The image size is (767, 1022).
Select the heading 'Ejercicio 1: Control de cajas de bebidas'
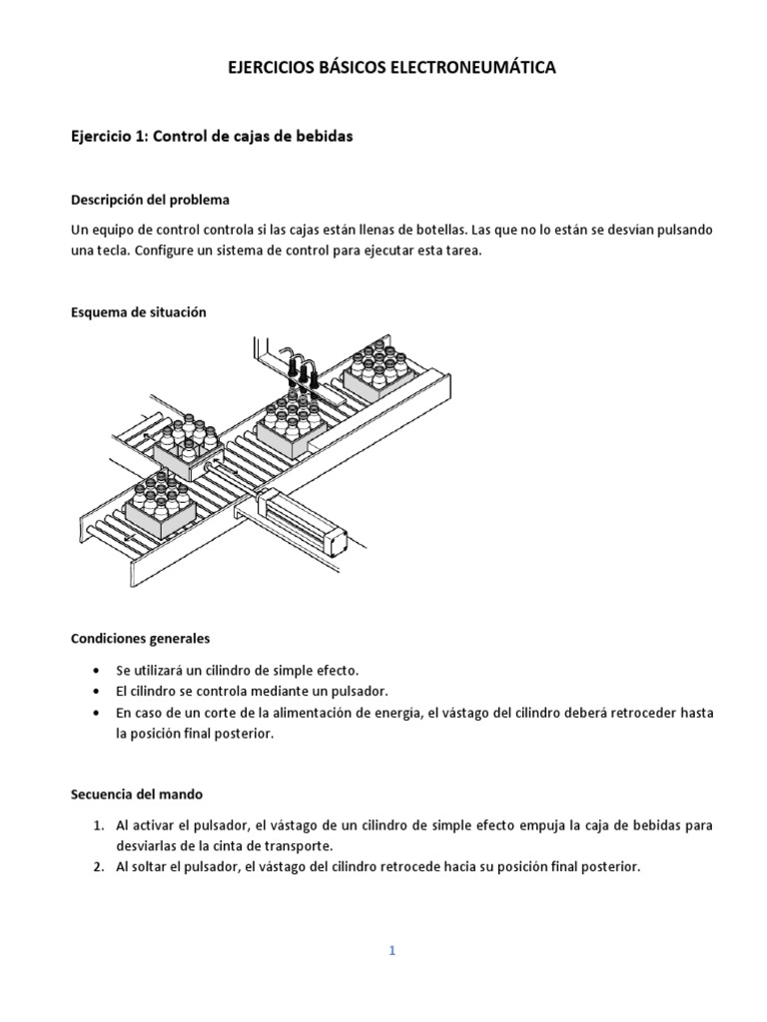212,137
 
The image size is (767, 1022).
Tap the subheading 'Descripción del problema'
150,199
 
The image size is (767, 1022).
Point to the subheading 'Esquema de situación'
139,312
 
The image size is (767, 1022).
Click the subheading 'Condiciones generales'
141,638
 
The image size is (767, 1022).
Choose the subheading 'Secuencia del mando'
137,794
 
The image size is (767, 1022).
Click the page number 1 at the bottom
392,923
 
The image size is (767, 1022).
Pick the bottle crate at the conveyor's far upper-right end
380,369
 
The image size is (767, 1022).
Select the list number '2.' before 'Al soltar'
99,867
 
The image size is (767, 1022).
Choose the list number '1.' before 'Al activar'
99,825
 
